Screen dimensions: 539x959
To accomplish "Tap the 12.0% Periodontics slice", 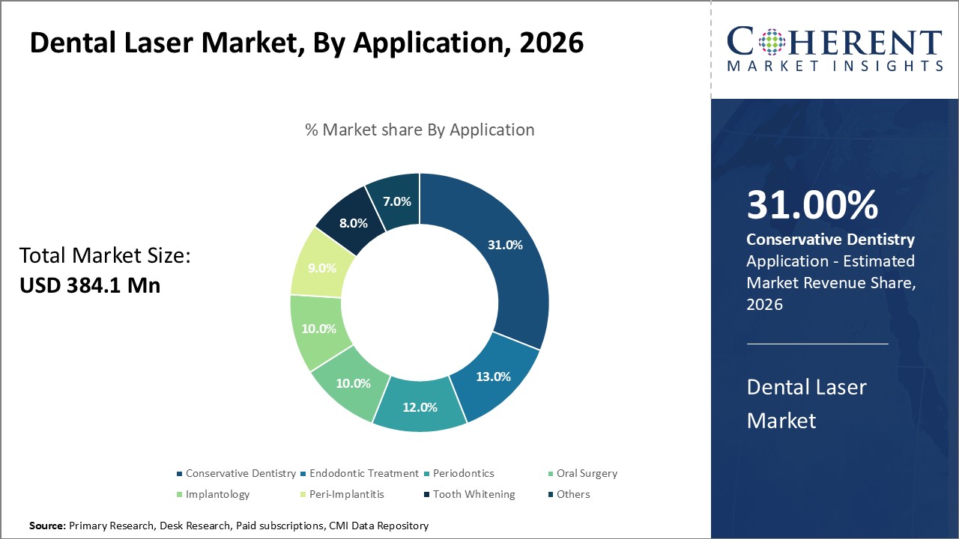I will pyautogui.click(x=420, y=406).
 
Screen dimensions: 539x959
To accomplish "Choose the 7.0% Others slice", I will pyautogui.click(x=396, y=201).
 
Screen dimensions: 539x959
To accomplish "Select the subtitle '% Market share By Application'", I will pyautogui.click(x=420, y=130).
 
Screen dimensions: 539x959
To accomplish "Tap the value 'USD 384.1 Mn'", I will pyautogui.click(x=90, y=285).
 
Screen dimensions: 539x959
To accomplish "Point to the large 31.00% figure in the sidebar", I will pyautogui.click(x=812, y=205).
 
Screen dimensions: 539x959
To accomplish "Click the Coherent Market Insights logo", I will pyautogui.click(x=834, y=49).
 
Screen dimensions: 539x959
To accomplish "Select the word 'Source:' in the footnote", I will pyautogui.click(x=47, y=526).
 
